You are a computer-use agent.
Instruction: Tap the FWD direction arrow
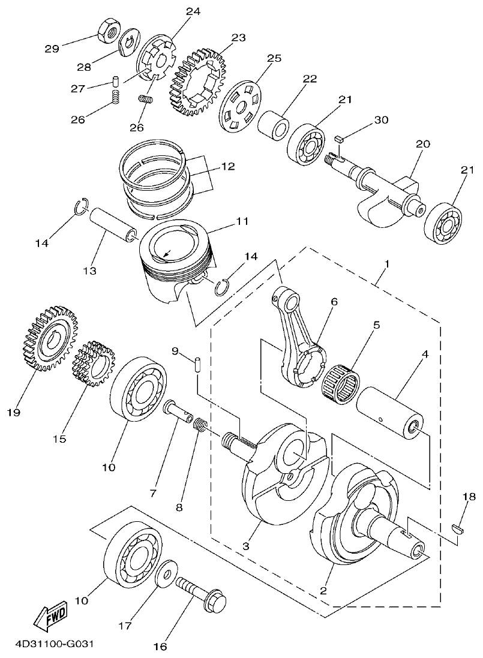coord(50,616)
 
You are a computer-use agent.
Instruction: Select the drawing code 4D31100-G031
coord(51,645)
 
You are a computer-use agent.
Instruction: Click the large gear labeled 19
coord(50,338)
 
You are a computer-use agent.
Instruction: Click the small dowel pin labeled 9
coord(198,365)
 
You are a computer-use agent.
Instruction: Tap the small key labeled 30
coord(338,138)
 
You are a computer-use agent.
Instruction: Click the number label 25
coord(274,58)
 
